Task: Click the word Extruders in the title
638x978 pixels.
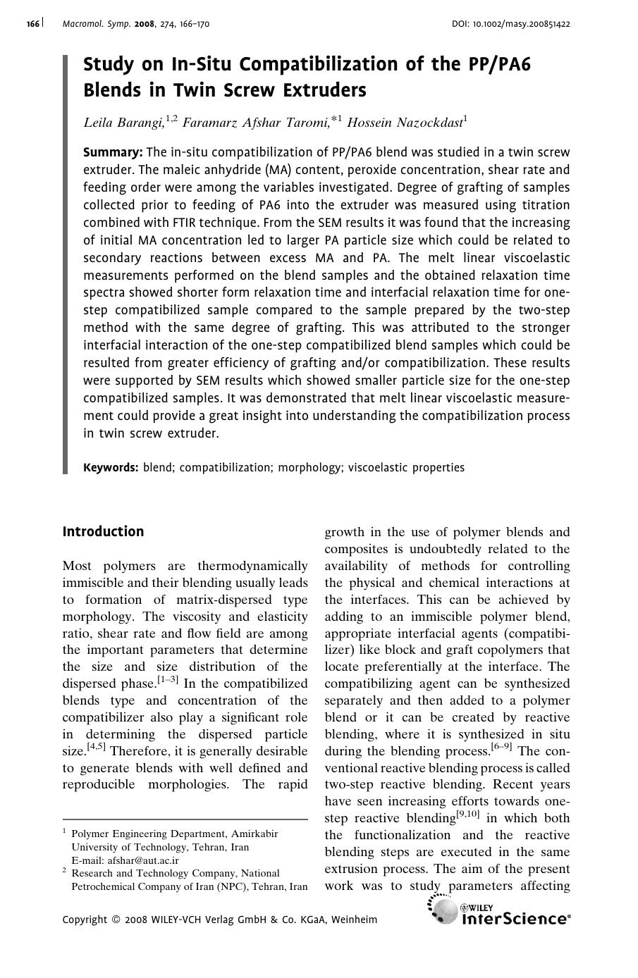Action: pyautogui.click(x=324, y=90)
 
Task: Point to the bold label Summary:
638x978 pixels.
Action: pyautogui.click(x=113, y=152)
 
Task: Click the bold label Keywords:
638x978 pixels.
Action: pyautogui.click(x=111, y=467)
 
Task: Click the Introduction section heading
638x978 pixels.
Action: pyautogui.click(x=103, y=532)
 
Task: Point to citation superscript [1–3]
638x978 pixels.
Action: pyautogui.click(x=168, y=680)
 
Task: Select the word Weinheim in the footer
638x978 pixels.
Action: pyautogui.click(x=354, y=920)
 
